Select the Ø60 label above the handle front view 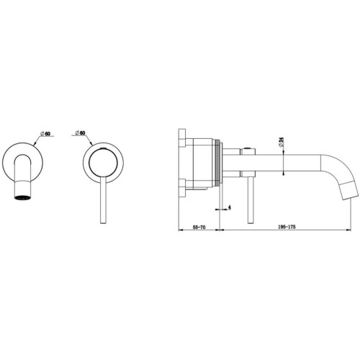click(x=80, y=132)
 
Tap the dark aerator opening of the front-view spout click(x=23, y=198)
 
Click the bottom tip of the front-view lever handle click(x=104, y=223)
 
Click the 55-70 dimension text click(x=199, y=227)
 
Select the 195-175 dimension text click(x=287, y=227)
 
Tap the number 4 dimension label click(x=229, y=207)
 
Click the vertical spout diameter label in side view click(x=282, y=142)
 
